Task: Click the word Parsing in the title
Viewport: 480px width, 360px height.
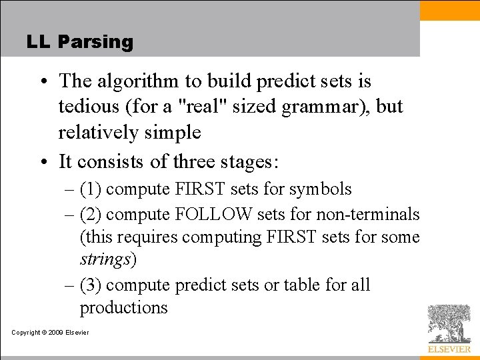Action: pyautogui.click(x=95, y=42)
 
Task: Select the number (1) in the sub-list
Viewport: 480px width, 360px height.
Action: pyautogui.click(x=91, y=189)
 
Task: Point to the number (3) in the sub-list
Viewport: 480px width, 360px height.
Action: pyautogui.click(x=91, y=285)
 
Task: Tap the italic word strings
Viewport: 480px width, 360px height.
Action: pyautogui.click(x=105, y=260)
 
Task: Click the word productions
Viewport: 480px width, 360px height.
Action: pyautogui.click(x=124, y=308)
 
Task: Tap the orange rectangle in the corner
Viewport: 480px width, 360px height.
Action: pyautogui.click(x=449, y=10)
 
